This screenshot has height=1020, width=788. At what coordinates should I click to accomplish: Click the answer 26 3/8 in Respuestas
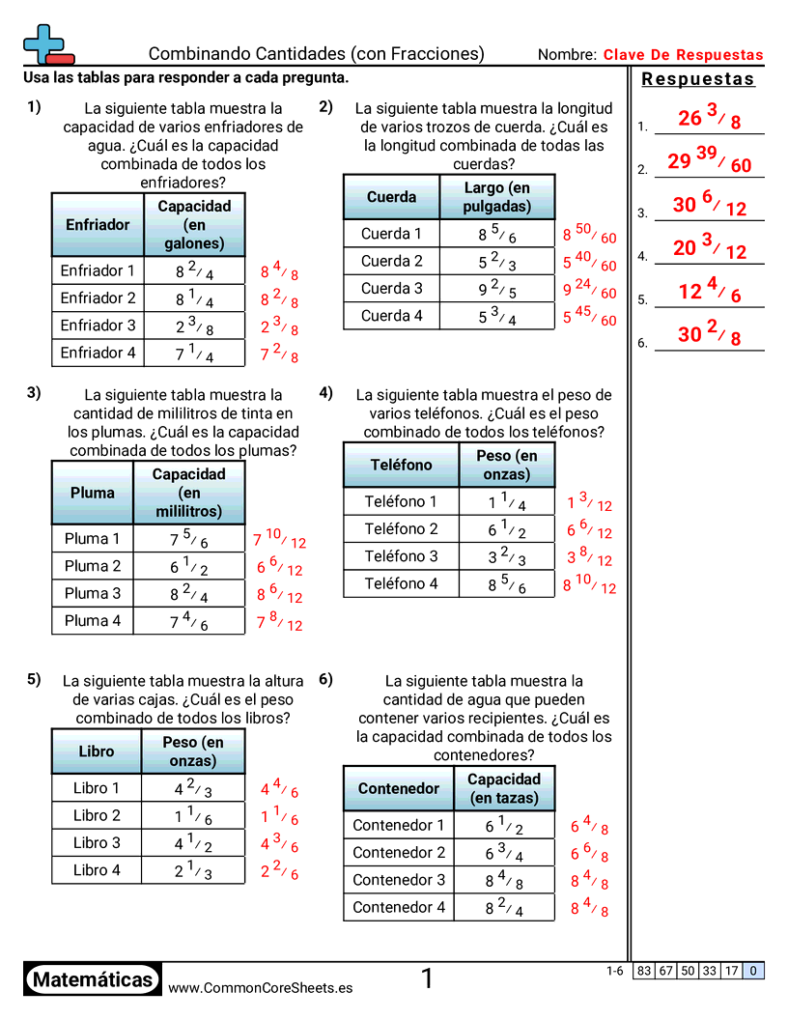coord(709,119)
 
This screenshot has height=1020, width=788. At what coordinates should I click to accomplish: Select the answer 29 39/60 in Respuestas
coord(709,162)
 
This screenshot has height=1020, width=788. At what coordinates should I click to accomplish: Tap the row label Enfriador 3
coord(98,326)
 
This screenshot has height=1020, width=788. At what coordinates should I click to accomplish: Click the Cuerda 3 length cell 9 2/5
coord(497,289)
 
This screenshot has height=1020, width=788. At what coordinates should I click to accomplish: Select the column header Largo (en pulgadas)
coord(497,197)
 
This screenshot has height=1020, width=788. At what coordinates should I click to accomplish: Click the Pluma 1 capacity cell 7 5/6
coord(189,539)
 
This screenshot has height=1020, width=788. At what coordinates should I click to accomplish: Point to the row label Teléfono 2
coord(401,529)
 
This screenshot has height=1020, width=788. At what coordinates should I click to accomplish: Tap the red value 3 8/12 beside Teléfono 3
coord(589,557)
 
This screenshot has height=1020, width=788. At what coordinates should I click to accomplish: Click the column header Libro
coord(97,751)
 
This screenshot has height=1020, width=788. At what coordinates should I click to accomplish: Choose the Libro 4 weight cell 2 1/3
coord(193,870)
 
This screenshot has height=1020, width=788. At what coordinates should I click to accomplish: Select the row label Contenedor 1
coord(399,826)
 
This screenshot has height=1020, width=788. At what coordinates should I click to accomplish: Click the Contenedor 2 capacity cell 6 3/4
coord(504,853)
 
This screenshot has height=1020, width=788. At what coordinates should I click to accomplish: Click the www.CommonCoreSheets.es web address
coord(261,988)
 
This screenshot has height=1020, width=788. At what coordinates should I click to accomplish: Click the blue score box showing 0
coord(753,971)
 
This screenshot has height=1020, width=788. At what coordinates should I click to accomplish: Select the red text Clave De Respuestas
coord(683,55)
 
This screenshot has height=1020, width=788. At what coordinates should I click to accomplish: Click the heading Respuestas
coord(698,79)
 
